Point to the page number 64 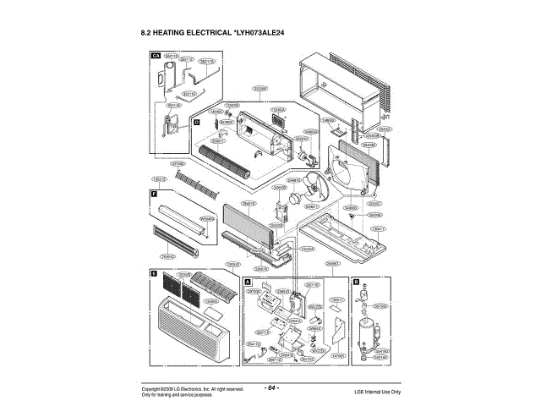click(x=271, y=387)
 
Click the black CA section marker click(x=155, y=55)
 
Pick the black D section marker click(x=196, y=123)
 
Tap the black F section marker click(x=155, y=195)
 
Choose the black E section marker click(x=155, y=274)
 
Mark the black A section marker click(x=249, y=280)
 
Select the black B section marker click(x=356, y=280)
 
